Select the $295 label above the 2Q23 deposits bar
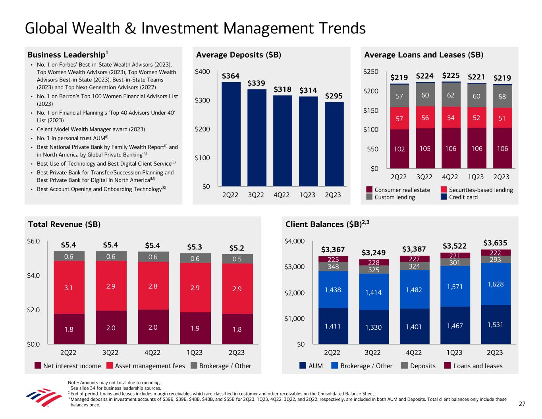tap(334, 96)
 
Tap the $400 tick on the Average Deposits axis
tap(203, 72)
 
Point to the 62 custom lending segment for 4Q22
tap(450, 95)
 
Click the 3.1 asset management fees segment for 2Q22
tap(69, 287)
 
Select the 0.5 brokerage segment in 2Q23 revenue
tap(237, 259)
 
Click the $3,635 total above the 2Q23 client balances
tap(495, 243)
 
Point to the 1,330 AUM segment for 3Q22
tap(373, 327)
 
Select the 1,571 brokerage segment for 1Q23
tap(455, 286)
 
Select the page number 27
tap(522, 404)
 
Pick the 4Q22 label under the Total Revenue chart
tap(152, 353)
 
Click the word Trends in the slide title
tap(336, 28)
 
